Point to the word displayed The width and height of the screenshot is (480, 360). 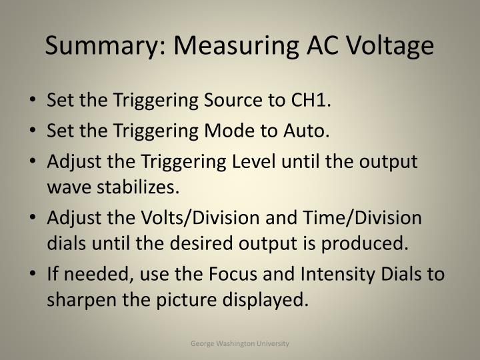pos(263,301)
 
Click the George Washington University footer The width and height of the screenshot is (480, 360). pos(240,343)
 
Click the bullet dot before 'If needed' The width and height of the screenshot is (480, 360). pos(34,275)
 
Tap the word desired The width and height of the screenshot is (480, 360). pos(231,244)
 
